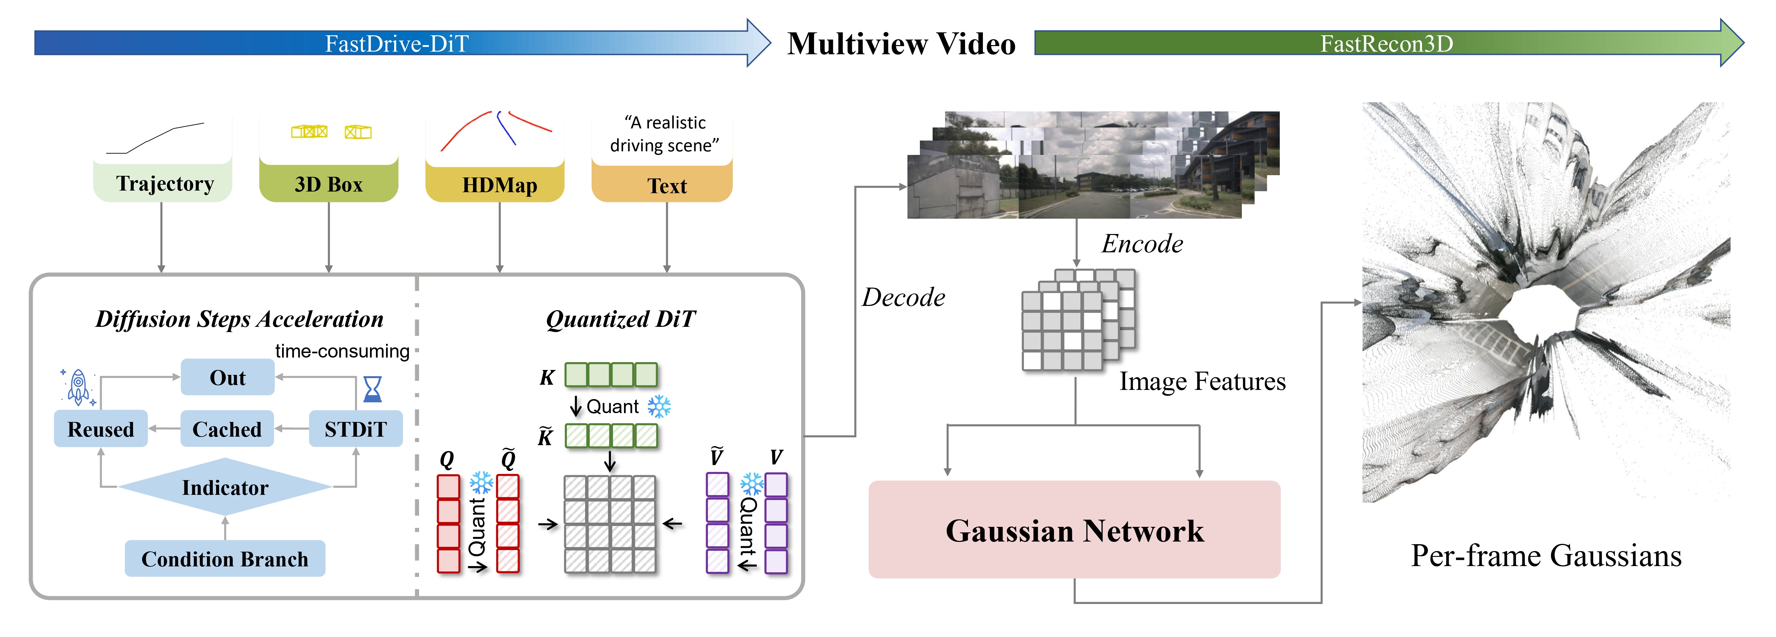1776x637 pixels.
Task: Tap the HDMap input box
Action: coord(499,185)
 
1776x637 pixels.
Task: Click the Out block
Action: coord(228,378)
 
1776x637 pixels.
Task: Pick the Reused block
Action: coord(101,429)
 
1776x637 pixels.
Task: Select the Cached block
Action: coord(227,429)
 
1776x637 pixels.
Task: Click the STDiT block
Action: coord(355,429)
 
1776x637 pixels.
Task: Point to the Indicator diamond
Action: coord(225,487)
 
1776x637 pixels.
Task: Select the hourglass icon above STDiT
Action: coord(372,389)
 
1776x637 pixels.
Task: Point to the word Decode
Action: coord(903,297)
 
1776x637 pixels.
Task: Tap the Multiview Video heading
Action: coord(901,44)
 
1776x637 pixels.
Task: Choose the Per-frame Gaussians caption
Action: coord(1546,556)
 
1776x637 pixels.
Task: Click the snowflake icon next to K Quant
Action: coord(659,407)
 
